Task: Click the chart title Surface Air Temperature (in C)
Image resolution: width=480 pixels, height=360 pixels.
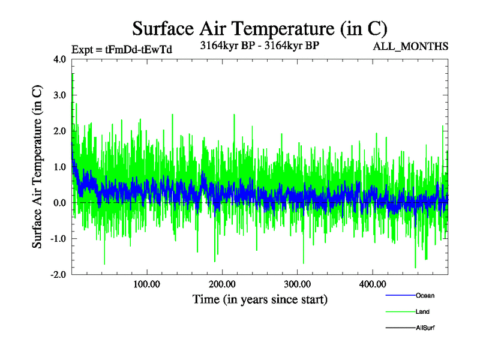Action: (x=260, y=28)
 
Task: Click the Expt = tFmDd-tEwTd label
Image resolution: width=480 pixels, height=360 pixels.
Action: (x=121, y=50)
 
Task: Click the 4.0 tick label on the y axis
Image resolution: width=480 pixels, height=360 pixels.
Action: (x=60, y=59)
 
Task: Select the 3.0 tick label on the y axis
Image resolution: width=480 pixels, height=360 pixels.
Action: (x=60, y=95)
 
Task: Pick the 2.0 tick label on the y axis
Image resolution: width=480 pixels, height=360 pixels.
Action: (x=60, y=131)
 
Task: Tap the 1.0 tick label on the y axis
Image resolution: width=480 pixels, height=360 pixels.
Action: (x=60, y=167)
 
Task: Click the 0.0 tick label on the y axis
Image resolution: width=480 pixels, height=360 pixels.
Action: (x=60, y=203)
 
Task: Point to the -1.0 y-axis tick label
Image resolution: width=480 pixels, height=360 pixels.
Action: (x=58, y=239)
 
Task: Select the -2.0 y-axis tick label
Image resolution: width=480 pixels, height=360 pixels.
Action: (x=58, y=274)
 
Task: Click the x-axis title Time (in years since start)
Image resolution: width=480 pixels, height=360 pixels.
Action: (x=260, y=299)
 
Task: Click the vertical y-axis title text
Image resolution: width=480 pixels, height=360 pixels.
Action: (x=37, y=167)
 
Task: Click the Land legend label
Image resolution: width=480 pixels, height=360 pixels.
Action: (x=422, y=311)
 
